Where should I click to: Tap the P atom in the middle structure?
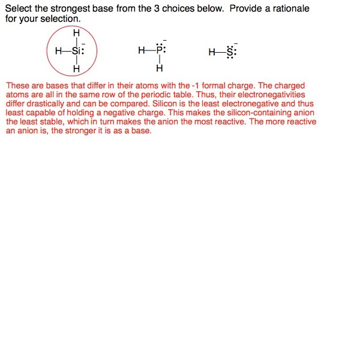pos(159,51)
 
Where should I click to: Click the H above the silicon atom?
pos(76,32)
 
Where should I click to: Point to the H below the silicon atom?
pos(76,70)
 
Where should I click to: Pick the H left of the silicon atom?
pos(58,51)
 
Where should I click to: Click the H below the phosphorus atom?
pos(159,69)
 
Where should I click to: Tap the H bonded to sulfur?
pos(212,52)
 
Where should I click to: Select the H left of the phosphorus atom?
pos(142,51)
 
